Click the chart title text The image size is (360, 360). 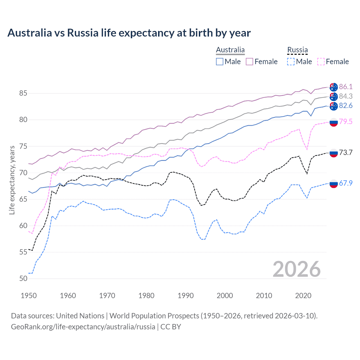pos(129,33)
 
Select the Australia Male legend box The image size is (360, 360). pos(220,62)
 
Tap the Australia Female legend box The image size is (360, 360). pos(249,62)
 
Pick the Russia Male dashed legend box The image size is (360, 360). pos(291,62)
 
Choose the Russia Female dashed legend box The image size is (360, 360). pos(321,62)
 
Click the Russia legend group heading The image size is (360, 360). pos(297,50)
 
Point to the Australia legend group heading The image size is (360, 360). pos(230,50)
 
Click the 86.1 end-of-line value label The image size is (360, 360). pos(346,87)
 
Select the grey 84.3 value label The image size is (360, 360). pos(346,96)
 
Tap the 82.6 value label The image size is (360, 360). pos(346,105)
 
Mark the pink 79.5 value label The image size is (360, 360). pos(346,121)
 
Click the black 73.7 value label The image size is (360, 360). pos(346,152)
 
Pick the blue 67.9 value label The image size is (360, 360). pos(346,183)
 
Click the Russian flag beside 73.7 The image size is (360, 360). pos(334,153)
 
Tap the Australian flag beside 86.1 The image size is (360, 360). pos(334,87)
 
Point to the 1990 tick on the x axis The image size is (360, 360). pos(186,296)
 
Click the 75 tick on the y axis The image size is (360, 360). pos(23,146)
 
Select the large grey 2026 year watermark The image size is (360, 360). pos(296,269)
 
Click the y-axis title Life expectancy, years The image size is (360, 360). pos(12,180)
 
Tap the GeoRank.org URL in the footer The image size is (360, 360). pos(83,327)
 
